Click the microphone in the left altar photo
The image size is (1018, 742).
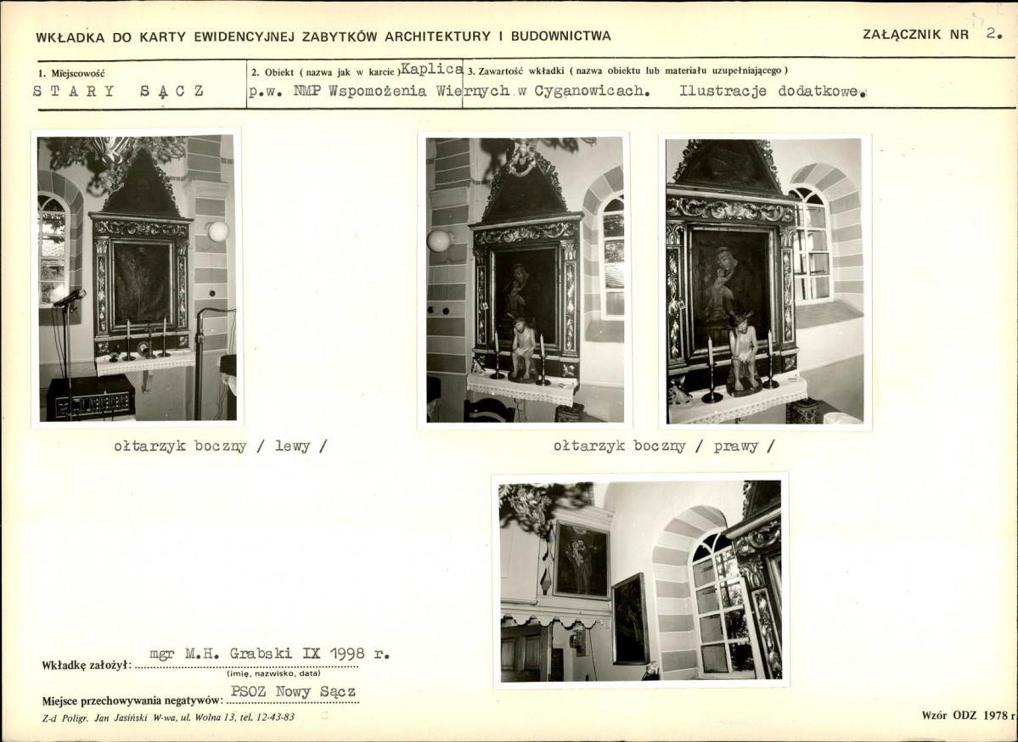(x=70, y=298)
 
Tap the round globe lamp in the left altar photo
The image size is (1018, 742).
(x=218, y=231)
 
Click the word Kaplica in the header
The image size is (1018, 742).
(x=432, y=69)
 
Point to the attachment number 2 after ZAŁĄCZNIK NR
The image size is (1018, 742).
(x=993, y=34)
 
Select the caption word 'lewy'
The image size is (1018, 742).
(x=293, y=446)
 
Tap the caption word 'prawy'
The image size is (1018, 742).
(x=735, y=447)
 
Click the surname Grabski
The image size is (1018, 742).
(x=257, y=655)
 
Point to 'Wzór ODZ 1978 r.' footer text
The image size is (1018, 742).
(x=968, y=716)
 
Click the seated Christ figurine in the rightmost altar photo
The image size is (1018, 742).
(x=744, y=351)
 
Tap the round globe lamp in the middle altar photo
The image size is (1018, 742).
(x=439, y=240)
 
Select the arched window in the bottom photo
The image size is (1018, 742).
(x=722, y=604)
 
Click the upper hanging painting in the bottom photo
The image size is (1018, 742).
(x=581, y=559)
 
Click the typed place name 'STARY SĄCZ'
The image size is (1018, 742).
(x=119, y=92)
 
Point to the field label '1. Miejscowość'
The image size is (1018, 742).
(x=71, y=74)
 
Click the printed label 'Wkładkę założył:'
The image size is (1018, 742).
(x=87, y=666)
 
